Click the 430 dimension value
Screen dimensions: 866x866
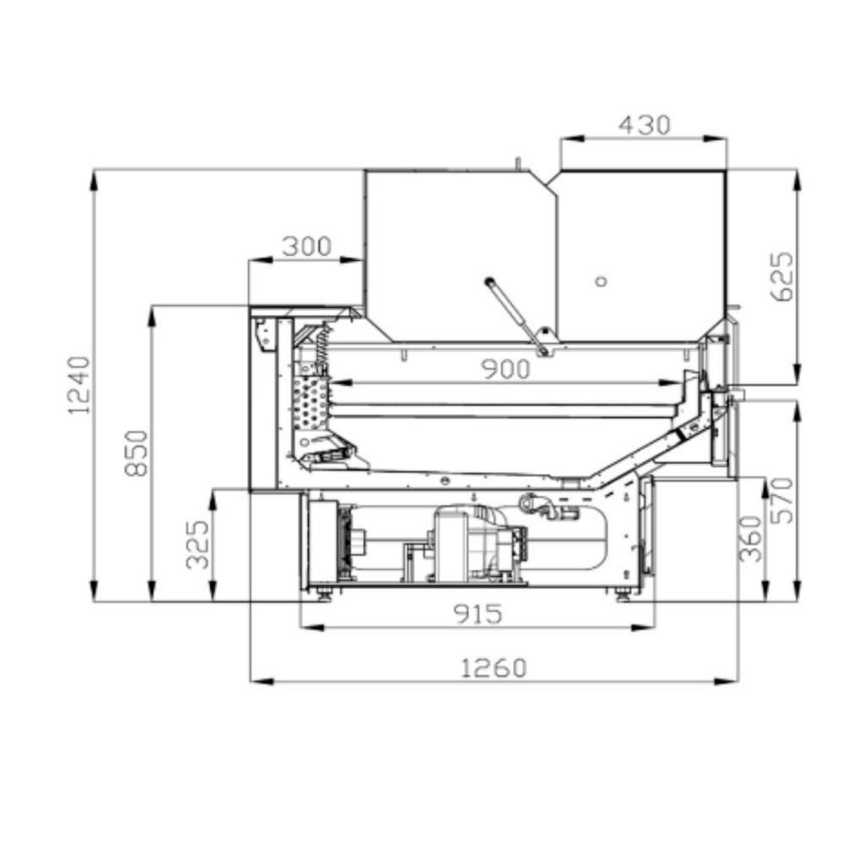pos(644,124)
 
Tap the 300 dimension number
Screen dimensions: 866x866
pos(306,246)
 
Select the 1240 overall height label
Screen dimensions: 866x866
pos(78,385)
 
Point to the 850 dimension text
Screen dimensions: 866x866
pos(136,453)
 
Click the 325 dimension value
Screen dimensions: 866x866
pos(198,545)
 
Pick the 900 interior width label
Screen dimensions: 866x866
pos(506,369)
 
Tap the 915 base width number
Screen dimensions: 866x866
pos(478,614)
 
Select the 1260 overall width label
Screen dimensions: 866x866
pos(494,668)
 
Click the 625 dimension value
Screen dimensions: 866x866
pos(781,277)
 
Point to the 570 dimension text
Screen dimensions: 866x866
pos(781,501)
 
